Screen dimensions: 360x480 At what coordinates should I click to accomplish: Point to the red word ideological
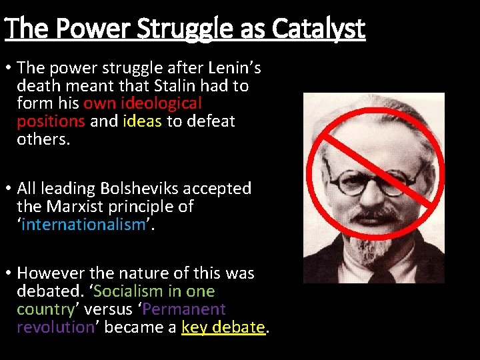pos(162,104)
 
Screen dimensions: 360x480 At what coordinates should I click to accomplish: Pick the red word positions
pos(51,122)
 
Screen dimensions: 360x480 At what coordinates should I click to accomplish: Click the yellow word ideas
pos(143,122)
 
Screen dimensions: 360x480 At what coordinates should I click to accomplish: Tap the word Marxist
pos(73,207)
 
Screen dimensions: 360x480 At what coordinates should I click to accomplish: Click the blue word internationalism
pos(83,225)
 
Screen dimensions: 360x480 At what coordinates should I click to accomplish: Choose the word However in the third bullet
pos(50,273)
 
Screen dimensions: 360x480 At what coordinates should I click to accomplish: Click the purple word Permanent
pos(184,309)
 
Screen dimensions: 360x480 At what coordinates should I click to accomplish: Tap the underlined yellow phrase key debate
pos(223,327)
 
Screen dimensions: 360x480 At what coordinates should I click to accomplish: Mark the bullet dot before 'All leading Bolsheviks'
pos(8,189)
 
